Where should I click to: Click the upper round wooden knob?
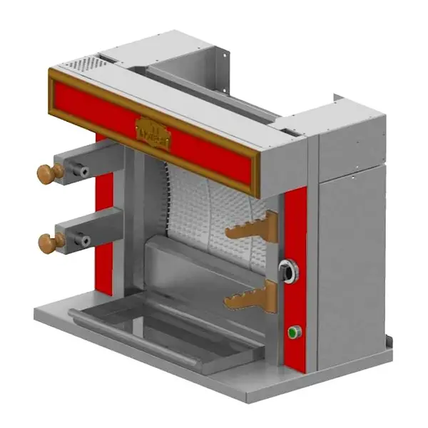[x=48, y=173]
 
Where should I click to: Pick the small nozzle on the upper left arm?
[x=85, y=173]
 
